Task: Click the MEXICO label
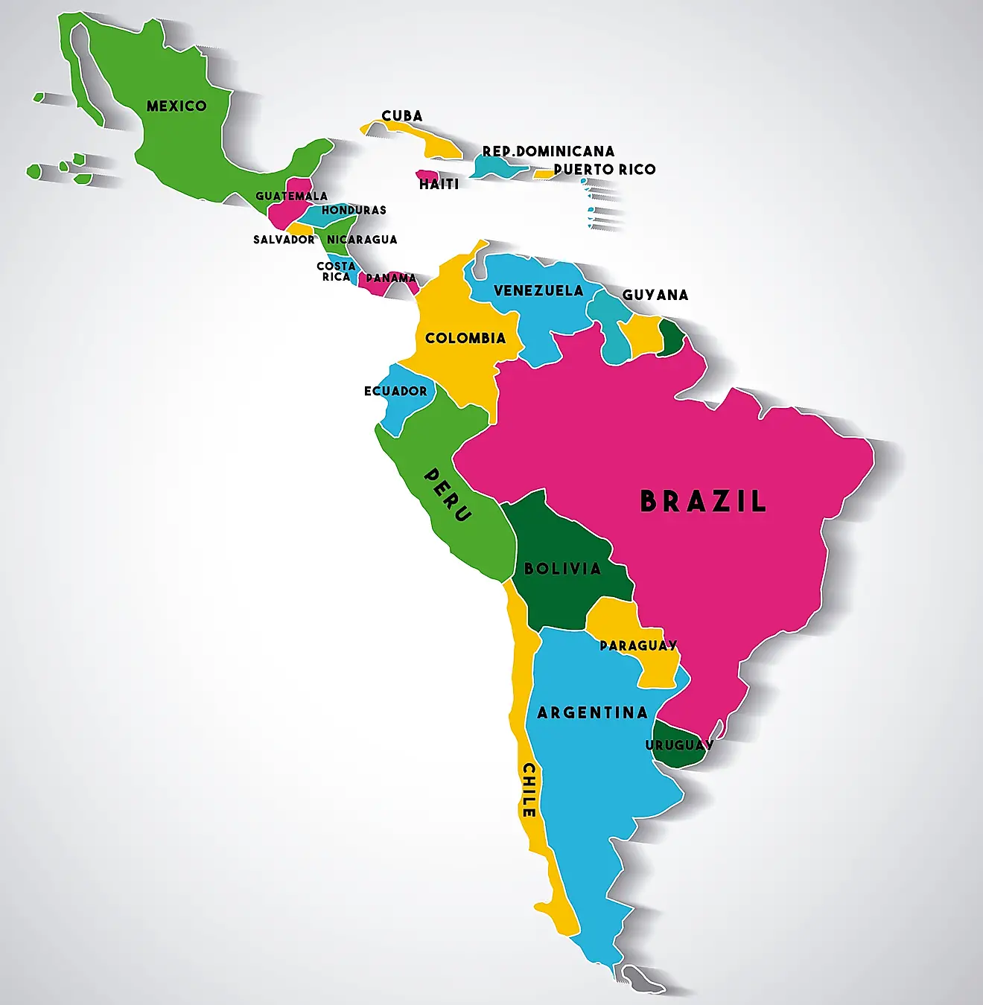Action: (x=176, y=106)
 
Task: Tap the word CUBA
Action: (x=402, y=115)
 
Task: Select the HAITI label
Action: (x=439, y=184)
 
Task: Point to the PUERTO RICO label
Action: (x=605, y=169)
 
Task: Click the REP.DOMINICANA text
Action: (x=548, y=151)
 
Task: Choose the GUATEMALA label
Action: (x=291, y=196)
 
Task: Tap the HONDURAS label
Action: (x=354, y=210)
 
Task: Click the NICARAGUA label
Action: (x=362, y=240)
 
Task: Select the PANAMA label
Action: (x=391, y=278)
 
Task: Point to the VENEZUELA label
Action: (x=538, y=290)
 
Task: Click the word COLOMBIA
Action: (x=465, y=338)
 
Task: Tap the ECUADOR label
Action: (x=395, y=391)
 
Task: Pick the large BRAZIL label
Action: (x=703, y=501)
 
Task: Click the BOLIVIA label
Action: (x=562, y=569)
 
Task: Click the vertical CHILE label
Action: (x=529, y=790)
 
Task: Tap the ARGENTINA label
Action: (x=592, y=712)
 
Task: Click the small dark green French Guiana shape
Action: (x=672, y=337)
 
